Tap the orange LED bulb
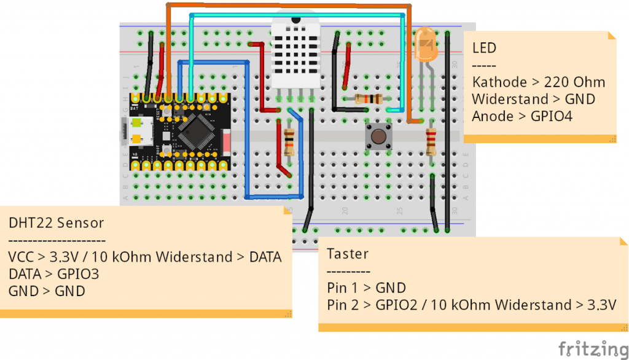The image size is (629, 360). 424,45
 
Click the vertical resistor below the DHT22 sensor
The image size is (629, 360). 289,143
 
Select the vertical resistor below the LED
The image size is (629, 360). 431,143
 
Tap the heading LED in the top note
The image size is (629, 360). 484,48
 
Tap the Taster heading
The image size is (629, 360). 348,253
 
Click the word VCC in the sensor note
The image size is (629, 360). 22,257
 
